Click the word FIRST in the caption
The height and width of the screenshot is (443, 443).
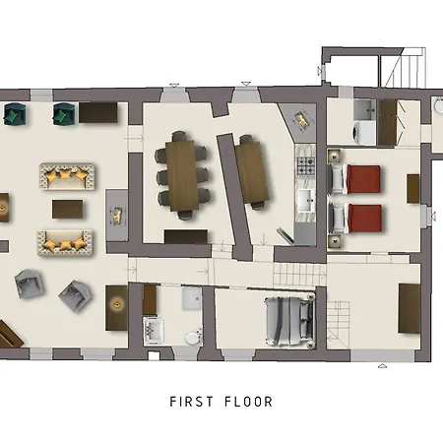[191, 402]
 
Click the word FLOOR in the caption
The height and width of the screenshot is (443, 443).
[248, 402]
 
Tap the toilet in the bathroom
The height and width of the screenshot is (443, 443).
[194, 337]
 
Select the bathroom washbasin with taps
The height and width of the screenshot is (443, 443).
[154, 330]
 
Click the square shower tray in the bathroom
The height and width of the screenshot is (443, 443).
[192, 298]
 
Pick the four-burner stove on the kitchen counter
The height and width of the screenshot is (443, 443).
[306, 166]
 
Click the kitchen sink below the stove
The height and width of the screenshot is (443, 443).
[306, 200]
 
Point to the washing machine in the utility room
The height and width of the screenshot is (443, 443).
[363, 133]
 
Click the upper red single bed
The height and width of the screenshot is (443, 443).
[354, 179]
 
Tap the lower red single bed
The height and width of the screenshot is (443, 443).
[355, 219]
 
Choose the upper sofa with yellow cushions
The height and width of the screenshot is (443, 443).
[67, 176]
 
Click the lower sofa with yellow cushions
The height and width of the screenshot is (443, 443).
[65, 243]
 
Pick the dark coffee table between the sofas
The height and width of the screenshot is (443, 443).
[67, 209]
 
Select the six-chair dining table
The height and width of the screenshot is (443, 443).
[182, 175]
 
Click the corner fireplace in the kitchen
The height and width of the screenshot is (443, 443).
[301, 120]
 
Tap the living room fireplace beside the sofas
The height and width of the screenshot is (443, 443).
[117, 215]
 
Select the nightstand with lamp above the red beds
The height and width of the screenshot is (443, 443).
[334, 157]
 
